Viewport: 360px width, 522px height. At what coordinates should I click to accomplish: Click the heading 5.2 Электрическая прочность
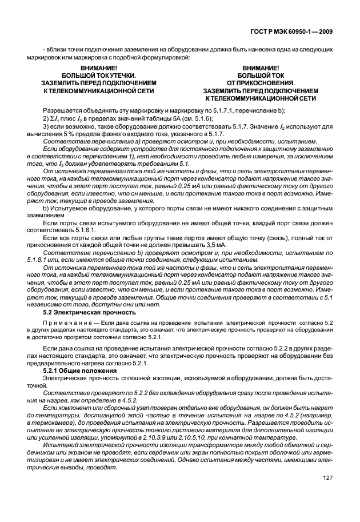pos(89,312)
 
